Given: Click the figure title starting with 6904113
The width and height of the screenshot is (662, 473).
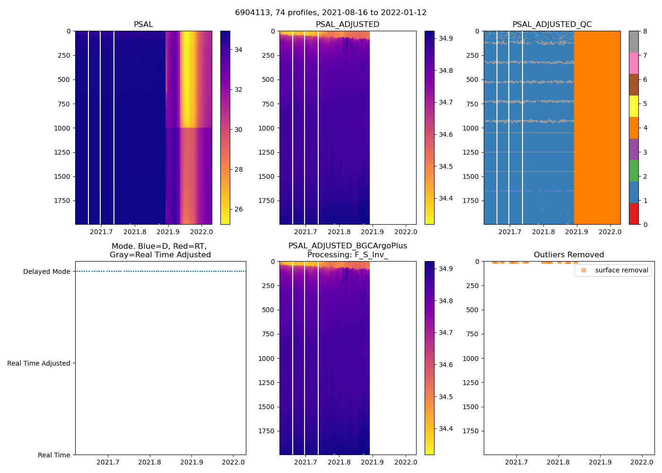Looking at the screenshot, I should tap(331, 13).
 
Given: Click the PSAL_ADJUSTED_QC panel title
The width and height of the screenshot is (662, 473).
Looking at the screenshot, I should tap(552, 25).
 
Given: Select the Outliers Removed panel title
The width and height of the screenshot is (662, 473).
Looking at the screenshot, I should tap(568, 255).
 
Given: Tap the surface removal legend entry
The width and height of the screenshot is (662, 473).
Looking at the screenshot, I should tap(621, 271).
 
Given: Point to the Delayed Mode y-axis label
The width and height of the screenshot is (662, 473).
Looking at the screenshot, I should tap(46, 272).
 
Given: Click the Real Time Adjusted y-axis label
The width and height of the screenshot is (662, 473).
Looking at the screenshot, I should tap(38, 363).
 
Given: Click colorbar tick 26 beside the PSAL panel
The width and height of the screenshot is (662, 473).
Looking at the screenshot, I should tap(238, 209).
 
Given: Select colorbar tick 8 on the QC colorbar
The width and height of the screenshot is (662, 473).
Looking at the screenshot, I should tap(645, 31).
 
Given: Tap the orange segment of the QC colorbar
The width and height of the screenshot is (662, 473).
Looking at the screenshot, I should tap(634, 128).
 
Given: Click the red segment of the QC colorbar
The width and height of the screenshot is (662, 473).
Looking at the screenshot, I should tap(634, 214).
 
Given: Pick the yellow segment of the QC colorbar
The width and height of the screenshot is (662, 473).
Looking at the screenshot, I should tap(634, 106).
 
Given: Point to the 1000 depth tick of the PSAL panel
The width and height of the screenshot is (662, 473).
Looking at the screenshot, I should tap(61, 128).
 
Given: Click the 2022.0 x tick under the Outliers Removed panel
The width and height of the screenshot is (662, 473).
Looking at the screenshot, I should tap(642, 462).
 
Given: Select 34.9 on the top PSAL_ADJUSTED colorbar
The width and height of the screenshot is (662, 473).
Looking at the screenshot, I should tap(445, 38).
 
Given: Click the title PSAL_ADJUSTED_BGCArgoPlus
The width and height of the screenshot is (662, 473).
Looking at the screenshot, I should tap(348, 246).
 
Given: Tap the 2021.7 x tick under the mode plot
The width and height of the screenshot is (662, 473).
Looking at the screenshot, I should tap(108, 462).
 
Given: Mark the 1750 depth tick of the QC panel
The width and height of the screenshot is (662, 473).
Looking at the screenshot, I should tap(470, 201).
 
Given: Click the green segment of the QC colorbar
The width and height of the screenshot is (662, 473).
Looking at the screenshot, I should tap(634, 171).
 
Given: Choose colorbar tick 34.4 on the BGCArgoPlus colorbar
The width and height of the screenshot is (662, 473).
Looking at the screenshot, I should tap(445, 429).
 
